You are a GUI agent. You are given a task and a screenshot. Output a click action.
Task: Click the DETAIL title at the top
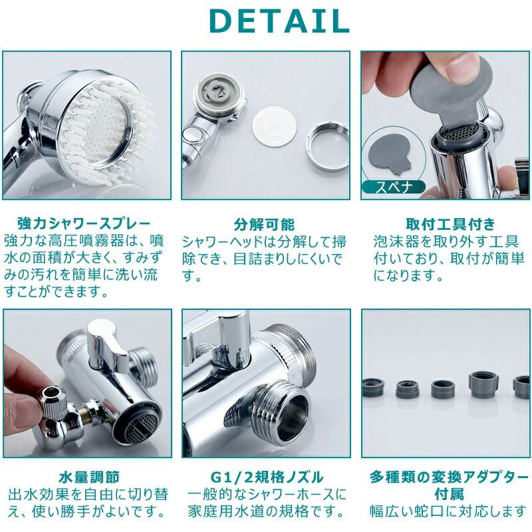[279, 21]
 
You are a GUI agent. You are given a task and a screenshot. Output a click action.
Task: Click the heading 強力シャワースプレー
[84, 223]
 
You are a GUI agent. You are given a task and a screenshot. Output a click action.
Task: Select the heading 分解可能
[264, 224]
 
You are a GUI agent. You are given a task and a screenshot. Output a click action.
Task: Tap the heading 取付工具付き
[451, 224]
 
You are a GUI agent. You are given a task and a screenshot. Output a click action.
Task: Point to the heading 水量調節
[89, 477]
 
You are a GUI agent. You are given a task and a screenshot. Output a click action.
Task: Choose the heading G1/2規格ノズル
[267, 477]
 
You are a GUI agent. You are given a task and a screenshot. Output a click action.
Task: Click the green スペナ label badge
[394, 187]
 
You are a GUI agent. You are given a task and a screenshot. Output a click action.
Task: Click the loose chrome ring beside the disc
[328, 147]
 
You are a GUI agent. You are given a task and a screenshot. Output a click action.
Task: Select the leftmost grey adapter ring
[372, 388]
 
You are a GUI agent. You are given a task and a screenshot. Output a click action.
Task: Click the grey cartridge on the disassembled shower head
[215, 91]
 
